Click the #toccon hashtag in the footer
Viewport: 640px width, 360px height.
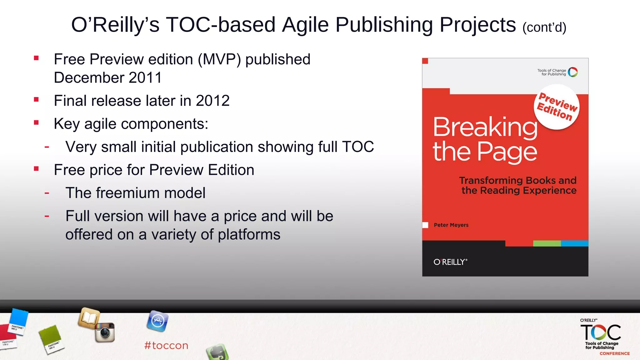pos(166,345)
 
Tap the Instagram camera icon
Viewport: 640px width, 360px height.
pos(105,332)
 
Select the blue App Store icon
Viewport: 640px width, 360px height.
pos(157,321)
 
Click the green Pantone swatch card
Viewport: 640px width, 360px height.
pos(51,339)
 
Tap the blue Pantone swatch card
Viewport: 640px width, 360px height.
pos(18,321)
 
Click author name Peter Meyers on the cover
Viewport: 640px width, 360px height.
pos(451,225)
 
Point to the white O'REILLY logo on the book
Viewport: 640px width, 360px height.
pos(450,262)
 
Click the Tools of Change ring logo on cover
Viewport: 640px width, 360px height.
pos(573,72)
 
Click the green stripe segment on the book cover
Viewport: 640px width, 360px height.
pos(547,243)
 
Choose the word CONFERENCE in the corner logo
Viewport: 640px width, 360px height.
pos(614,353)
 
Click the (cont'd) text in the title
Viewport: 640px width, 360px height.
pos(544,27)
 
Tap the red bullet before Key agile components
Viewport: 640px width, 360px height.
pos(37,123)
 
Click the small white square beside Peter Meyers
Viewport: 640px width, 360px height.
pos(425,225)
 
